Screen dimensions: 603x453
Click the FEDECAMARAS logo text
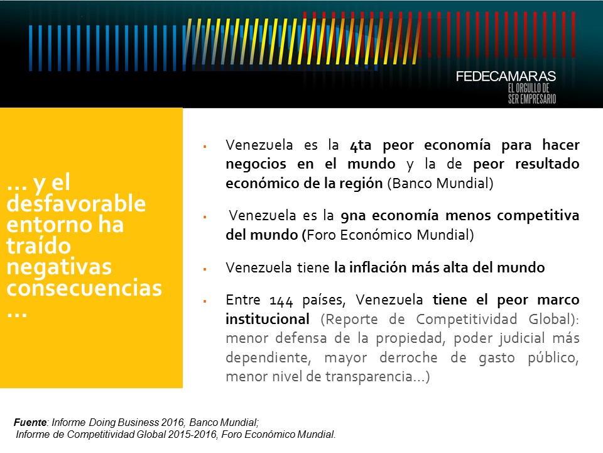(x=506, y=76)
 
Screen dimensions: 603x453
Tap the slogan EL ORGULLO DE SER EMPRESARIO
(x=532, y=94)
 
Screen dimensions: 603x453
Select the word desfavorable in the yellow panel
(x=76, y=203)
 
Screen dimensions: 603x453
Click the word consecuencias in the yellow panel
(x=84, y=288)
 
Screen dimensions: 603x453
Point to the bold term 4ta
(x=361, y=145)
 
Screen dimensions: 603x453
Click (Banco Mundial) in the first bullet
(x=440, y=183)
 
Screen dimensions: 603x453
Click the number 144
(x=281, y=301)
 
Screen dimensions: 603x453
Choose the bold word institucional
(x=268, y=319)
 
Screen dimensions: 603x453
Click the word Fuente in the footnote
(x=30, y=422)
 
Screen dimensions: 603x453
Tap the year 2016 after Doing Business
(x=173, y=422)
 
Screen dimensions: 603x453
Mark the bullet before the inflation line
(x=205, y=269)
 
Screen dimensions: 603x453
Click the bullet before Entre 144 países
(x=205, y=301)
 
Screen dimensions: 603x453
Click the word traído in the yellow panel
(x=39, y=245)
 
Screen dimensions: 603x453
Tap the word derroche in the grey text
(x=408, y=357)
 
